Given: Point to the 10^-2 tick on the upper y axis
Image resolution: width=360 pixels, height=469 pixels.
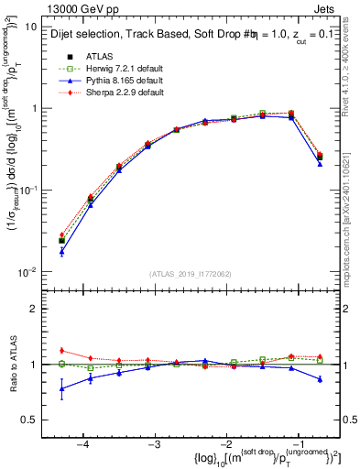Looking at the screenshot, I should [x=28, y=271].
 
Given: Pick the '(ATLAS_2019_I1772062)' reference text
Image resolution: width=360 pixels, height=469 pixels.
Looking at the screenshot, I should [x=190, y=274].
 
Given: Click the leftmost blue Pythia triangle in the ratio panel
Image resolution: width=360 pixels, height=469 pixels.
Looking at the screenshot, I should [x=61, y=388].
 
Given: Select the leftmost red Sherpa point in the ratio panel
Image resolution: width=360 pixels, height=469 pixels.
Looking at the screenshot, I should [x=61, y=351].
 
